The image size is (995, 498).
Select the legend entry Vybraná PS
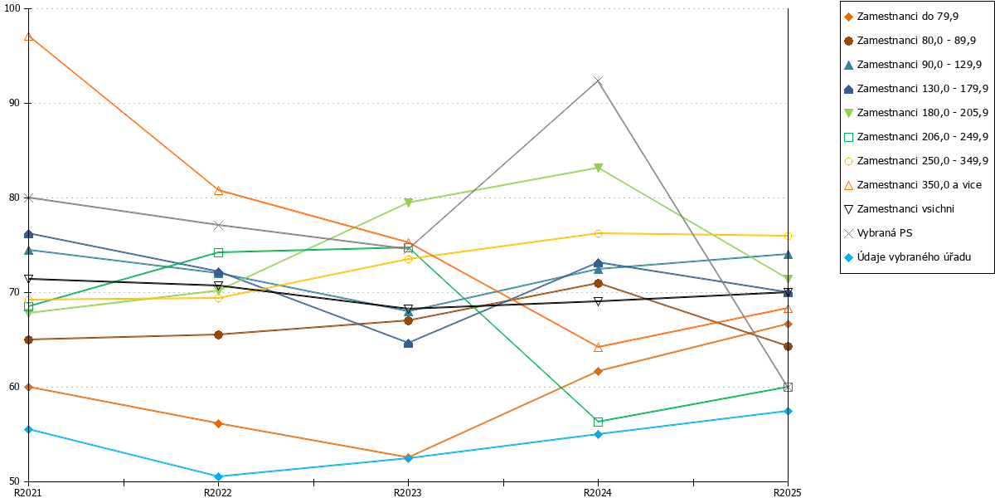click(878, 233)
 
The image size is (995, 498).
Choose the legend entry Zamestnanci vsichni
click(899, 209)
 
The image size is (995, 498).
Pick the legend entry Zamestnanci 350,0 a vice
click(912, 185)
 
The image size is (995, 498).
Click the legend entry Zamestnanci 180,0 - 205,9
click(916, 113)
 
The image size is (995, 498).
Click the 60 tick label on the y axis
click(15, 387)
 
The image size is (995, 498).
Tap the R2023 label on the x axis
click(408, 492)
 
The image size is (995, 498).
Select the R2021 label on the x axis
click(28, 492)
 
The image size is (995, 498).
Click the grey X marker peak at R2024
click(598, 81)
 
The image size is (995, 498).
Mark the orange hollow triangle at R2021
click(28, 37)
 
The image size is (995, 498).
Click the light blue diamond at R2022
click(218, 476)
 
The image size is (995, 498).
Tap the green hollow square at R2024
click(598, 422)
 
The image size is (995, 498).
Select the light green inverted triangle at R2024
click(598, 168)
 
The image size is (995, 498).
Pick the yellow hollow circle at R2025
click(788, 236)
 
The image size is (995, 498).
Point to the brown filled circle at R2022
click(218, 334)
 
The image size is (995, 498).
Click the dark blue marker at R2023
click(408, 344)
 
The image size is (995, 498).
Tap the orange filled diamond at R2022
click(218, 424)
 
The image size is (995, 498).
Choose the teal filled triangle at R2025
click(788, 255)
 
